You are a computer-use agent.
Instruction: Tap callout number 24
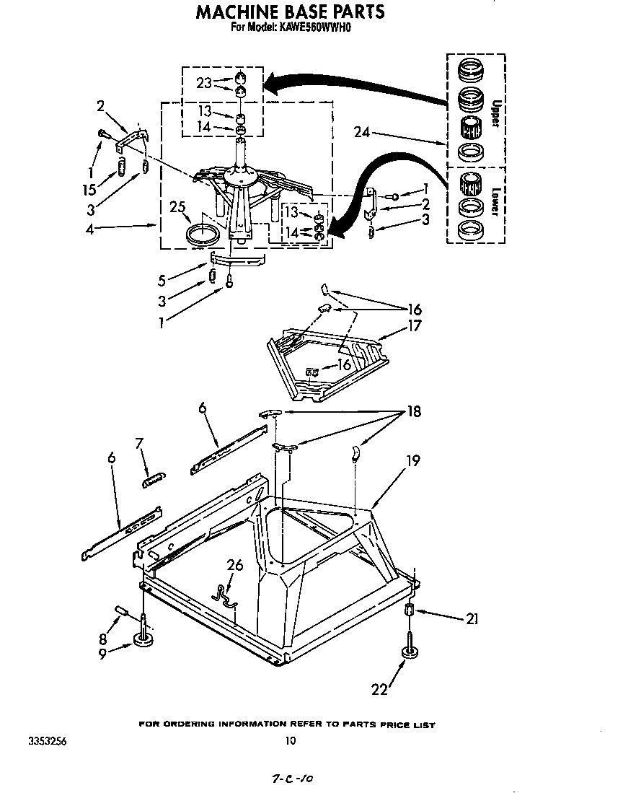click(363, 132)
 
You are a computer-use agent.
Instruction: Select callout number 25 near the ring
click(177, 208)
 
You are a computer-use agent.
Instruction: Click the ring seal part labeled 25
click(203, 235)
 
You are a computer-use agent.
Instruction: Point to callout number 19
click(413, 460)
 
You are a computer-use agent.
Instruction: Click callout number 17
click(414, 325)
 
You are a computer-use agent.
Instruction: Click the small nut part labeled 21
click(410, 611)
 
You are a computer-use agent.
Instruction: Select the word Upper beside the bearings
click(495, 113)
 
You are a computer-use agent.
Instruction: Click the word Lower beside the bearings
click(495, 202)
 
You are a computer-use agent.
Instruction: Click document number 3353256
click(48, 740)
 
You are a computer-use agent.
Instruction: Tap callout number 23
click(203, 83)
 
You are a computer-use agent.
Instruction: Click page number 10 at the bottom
click(290, 740)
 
